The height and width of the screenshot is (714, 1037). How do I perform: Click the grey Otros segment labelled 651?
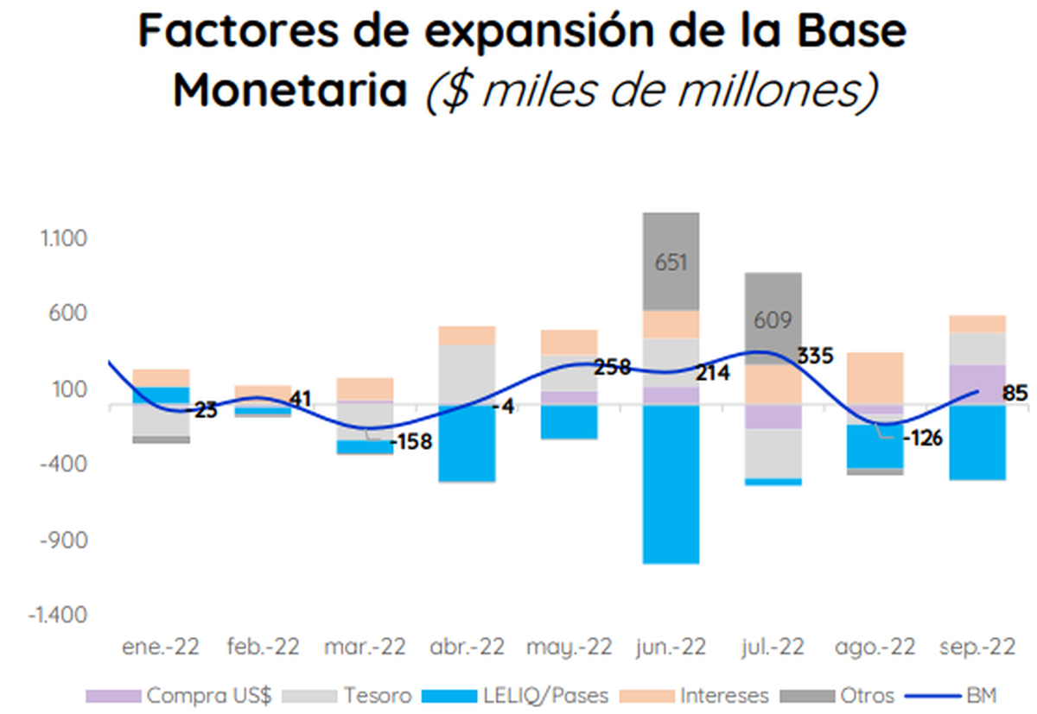pos(671,262)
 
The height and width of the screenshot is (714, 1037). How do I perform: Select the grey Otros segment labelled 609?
pos(773,319)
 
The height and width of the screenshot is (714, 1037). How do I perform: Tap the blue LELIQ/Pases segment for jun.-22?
pos(671,483)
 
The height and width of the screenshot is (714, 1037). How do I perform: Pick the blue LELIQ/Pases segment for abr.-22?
pos(467,443)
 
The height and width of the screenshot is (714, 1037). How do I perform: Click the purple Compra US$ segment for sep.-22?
pos(977,384)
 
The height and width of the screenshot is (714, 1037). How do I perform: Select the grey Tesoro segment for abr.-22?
pos(467,375)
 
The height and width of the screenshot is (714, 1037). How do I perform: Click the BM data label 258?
pos(613,367)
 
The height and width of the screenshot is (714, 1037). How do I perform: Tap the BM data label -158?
pos(412,442)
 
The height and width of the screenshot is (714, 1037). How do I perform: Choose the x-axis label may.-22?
pos(569,648)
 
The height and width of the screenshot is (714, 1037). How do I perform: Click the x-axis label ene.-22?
pos(161,648)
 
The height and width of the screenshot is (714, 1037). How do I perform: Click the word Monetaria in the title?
pos(290,90)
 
